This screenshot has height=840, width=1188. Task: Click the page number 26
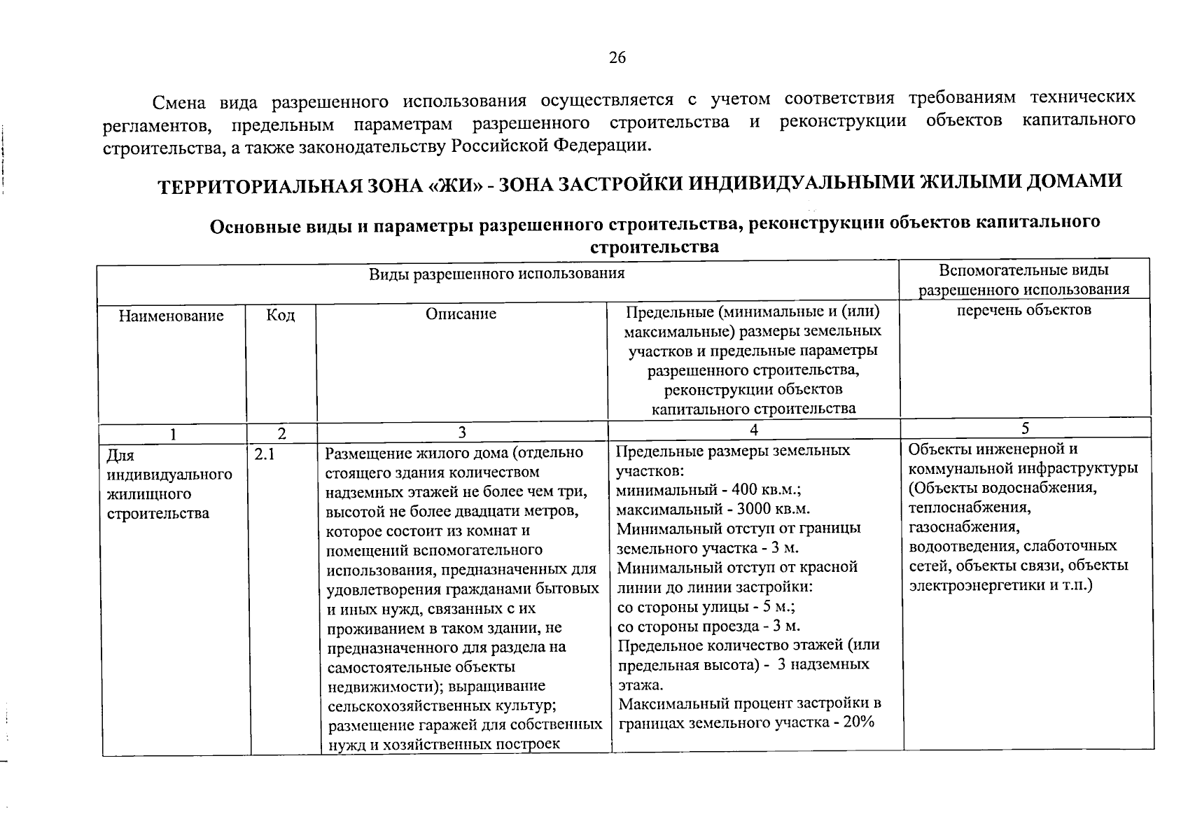(x=617, y=57)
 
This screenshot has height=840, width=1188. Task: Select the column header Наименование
(x=171, y=316)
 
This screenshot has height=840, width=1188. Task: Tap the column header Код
(x=281, y=316)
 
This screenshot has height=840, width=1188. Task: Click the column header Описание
(x=461, y=314)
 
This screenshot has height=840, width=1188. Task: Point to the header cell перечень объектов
(x=1024, y=309)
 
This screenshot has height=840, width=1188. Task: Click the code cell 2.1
(x=265, y=455)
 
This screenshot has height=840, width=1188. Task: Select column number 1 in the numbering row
(x=172, y=434)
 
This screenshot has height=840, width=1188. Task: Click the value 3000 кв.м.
(x=772, y=509)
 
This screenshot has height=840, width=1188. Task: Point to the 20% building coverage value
(x=859, y=722)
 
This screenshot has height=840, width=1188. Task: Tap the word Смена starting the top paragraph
(x=179, y=103)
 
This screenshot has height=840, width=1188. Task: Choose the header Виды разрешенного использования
(x=496, y=273)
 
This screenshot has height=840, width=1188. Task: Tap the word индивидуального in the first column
(x=169, y=475)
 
